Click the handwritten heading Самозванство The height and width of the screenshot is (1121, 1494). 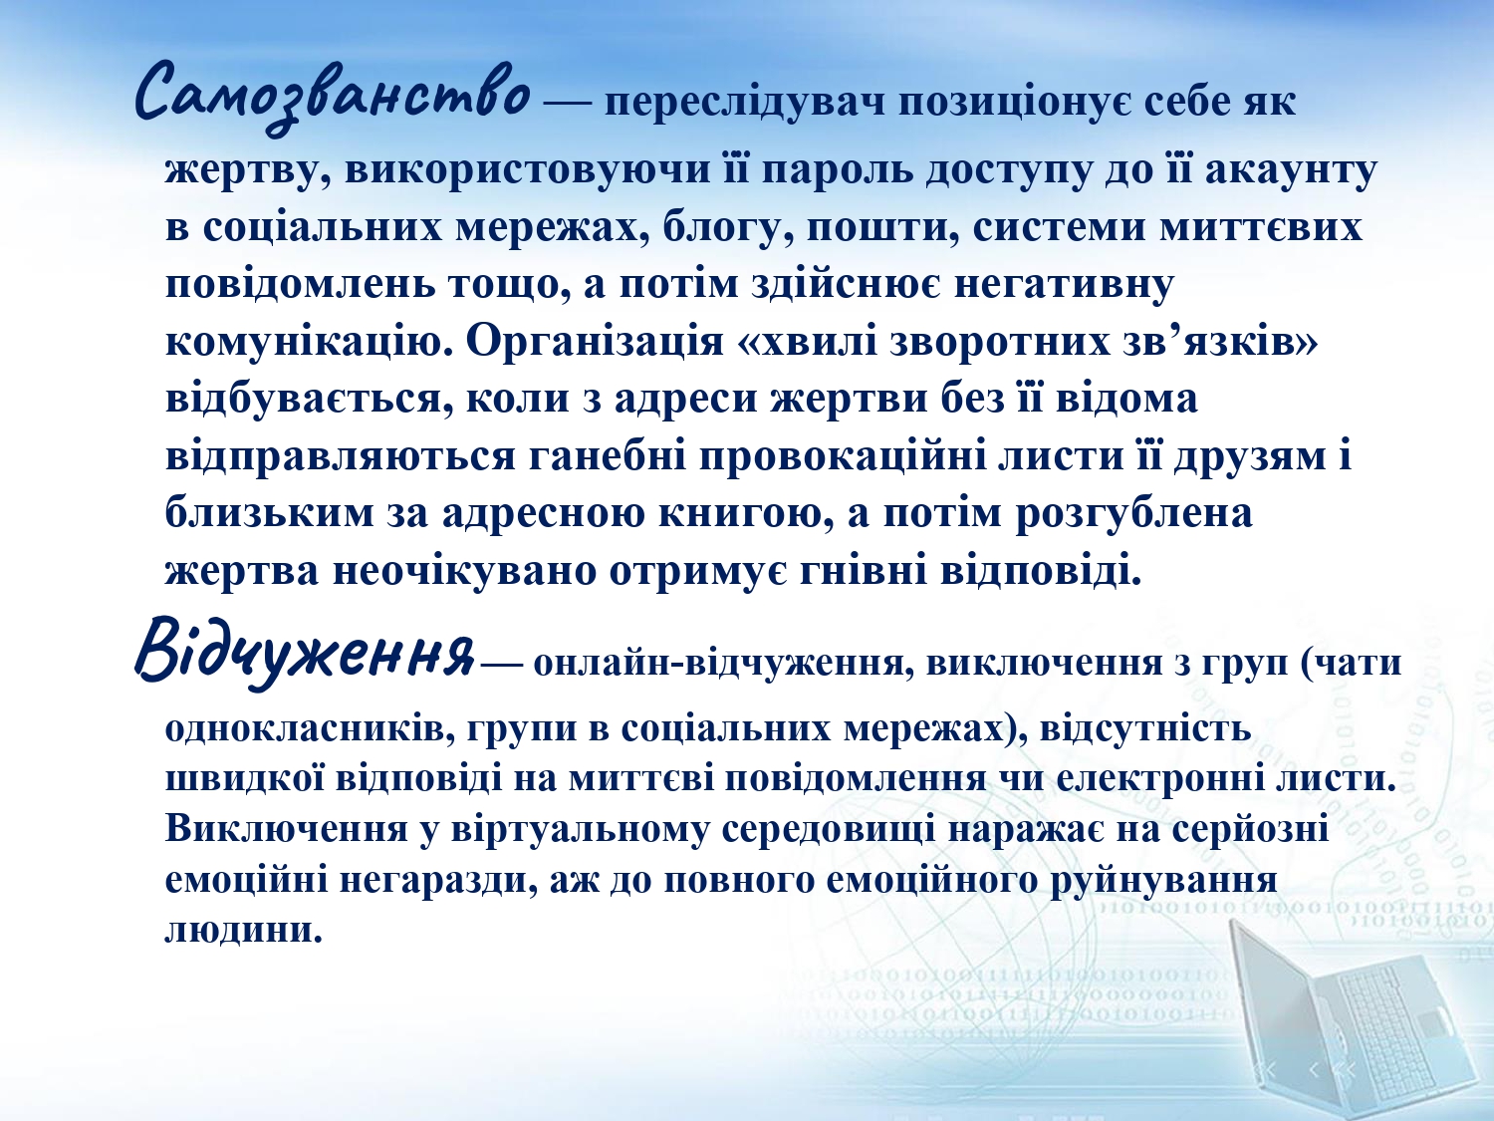(332, 97)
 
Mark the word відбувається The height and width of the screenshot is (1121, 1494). (310, 399)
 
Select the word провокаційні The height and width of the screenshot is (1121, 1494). (843, 456)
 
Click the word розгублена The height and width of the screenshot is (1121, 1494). (1133, 514)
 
